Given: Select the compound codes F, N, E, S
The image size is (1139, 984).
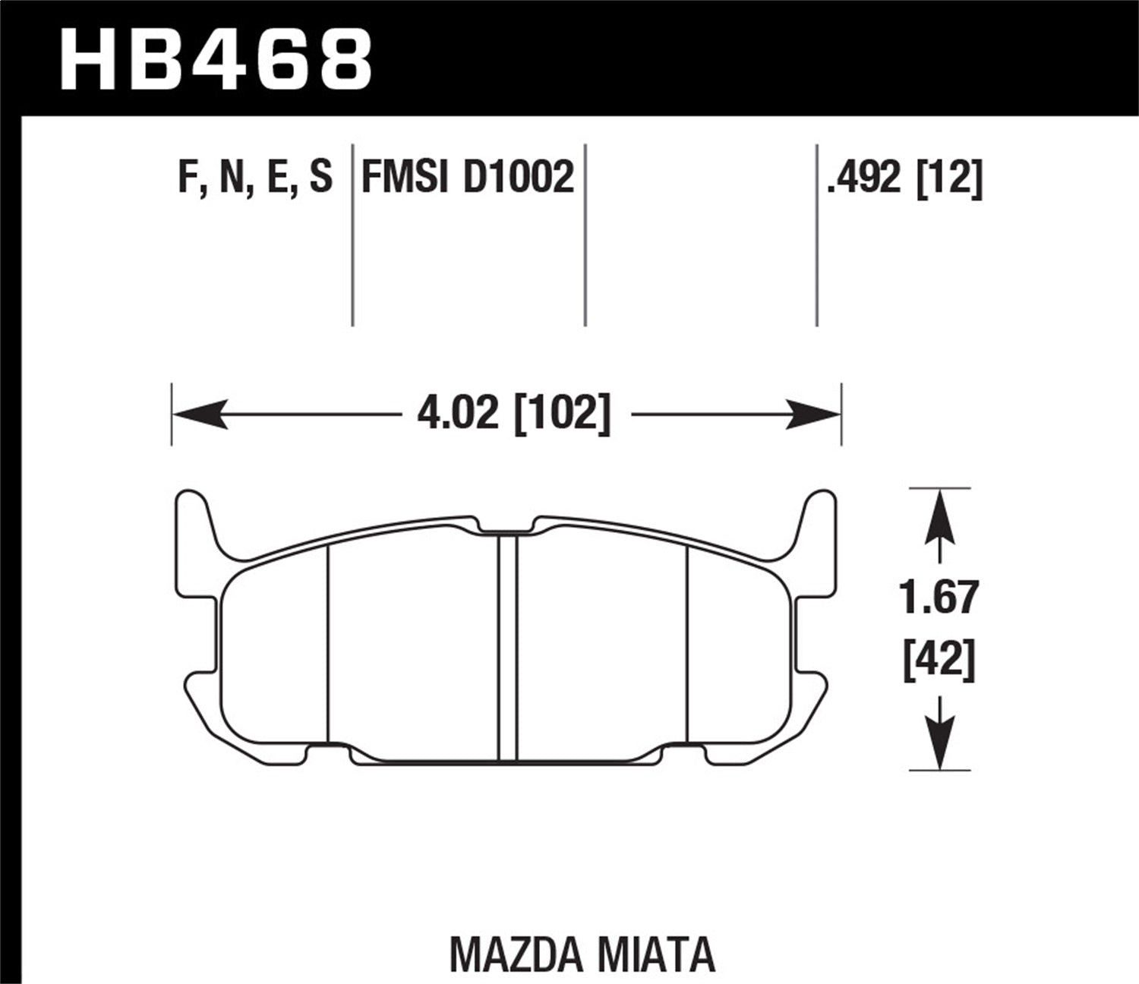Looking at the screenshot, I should pos(255,178).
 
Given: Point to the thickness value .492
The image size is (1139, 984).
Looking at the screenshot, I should pos(866,178).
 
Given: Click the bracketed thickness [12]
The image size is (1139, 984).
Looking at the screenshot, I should pos(950,178).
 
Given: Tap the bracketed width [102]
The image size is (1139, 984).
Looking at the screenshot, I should pos(562,415).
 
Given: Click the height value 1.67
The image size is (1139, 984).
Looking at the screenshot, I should pos(939,598).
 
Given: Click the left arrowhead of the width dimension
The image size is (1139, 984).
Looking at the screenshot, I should pos(199,415).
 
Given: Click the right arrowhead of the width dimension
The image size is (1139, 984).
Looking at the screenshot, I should pos(815,415).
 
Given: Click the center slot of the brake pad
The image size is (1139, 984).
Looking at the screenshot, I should pos(507,645).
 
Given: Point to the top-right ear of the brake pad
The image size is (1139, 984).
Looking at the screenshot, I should pos(820,516).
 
